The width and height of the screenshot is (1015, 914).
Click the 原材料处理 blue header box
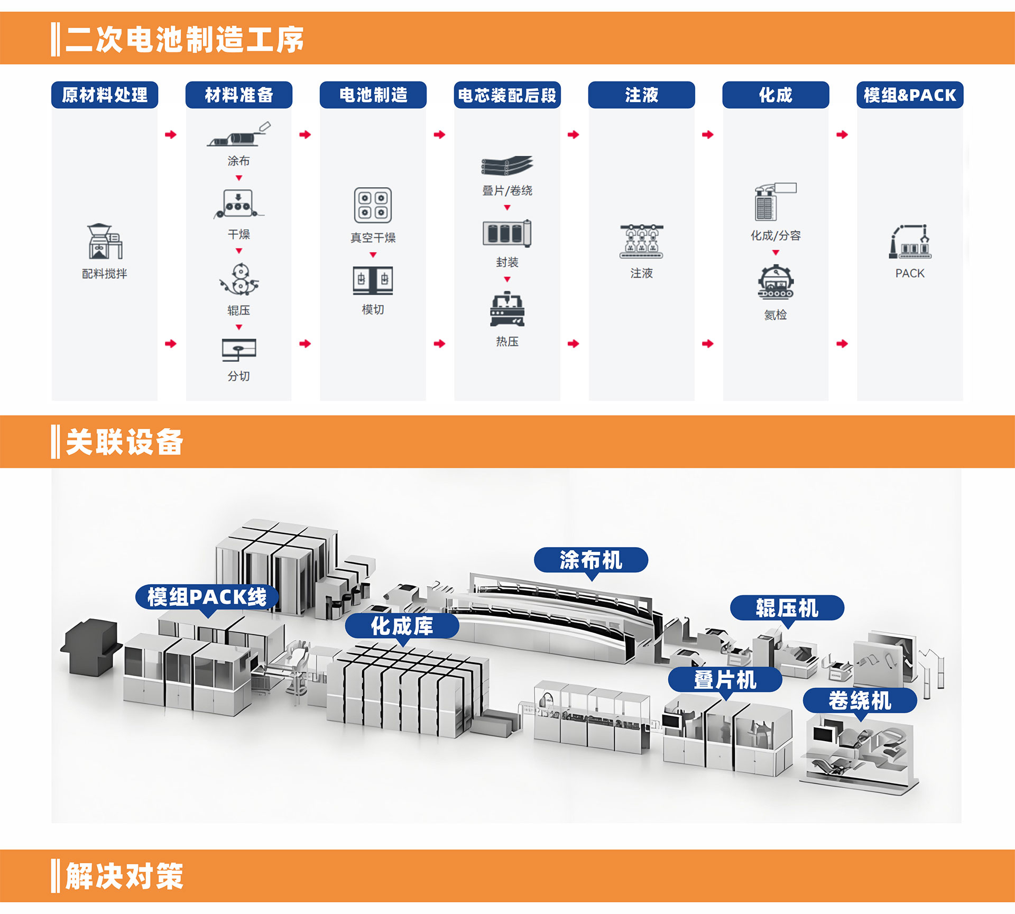[105, 95]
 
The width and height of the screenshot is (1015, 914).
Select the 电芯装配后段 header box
[507, 95]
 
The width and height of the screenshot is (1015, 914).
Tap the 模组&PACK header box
[910, 95]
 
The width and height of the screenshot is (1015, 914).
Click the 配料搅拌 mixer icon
[105, 242]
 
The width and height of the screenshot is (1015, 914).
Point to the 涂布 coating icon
[239, 134]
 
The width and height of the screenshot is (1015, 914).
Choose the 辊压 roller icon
[239, 279]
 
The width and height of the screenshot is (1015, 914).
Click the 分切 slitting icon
[239, 349]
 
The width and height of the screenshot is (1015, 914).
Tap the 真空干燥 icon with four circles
[373, 205]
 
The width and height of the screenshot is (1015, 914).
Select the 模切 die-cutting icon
[373, 281]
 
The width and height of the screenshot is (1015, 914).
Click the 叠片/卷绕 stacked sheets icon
[507, 166]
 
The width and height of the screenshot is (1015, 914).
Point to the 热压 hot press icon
[507, 309]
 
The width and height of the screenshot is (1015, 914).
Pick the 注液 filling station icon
[641, 242]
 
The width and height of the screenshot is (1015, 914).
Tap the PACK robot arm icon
[910, 242]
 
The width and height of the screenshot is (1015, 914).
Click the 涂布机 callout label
[591, 560]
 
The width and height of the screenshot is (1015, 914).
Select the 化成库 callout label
[402, 626]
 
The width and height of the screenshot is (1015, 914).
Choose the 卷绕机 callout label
[860, 701]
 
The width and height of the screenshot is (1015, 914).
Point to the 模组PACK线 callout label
[207, 597]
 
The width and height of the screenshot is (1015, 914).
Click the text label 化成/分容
[776, 236]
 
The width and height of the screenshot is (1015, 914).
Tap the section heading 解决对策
[125, 876]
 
